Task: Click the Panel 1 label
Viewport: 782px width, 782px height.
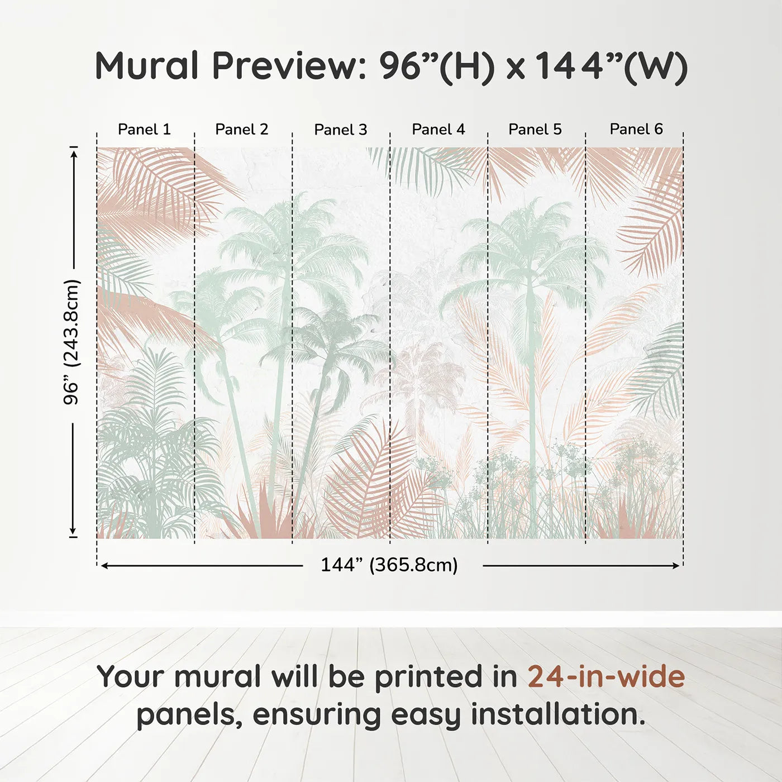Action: coord(144,130)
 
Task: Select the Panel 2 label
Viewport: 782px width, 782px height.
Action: coord(242,130)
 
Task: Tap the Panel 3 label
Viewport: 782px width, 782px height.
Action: coord(341,130)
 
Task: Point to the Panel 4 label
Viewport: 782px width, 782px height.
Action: coord(438,130)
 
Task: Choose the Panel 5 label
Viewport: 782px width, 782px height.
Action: coord(535,130)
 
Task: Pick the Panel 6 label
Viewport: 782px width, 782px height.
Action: coord(636,130)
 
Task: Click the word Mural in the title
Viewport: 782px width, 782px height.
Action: coord(147,66)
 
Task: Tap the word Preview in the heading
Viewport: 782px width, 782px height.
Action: coord(289,66)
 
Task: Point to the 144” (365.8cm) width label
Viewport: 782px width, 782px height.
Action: coord(389,565)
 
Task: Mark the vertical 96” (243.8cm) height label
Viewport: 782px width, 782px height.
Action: coord(72,342)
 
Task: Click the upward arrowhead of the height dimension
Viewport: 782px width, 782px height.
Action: coord(73,151)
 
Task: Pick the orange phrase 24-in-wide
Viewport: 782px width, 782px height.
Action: coord(606,677)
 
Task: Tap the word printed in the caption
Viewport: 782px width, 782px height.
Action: coord(428,677)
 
